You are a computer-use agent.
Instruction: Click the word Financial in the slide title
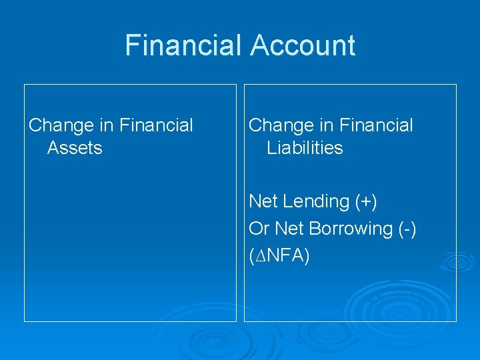(x=185, y=46)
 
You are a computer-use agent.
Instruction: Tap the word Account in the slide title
(x=303, y=46)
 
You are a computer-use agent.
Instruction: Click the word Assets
(x=75, y=148)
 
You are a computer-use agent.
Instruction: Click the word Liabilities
(x=305, y=148)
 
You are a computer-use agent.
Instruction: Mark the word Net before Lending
(x=263, y=201)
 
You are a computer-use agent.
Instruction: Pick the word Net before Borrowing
(x=289, y=229)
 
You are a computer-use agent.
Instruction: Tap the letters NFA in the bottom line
(x=283, y=256)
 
